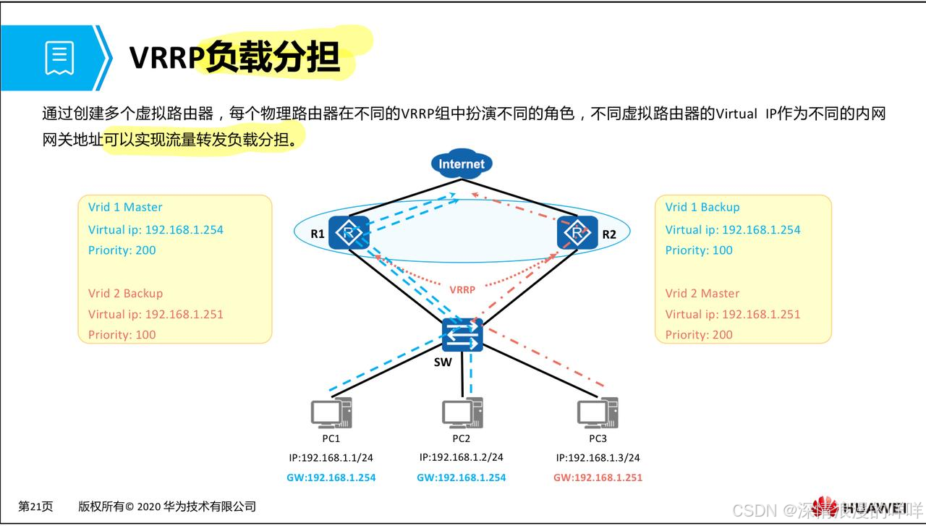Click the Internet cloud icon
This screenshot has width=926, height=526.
461,164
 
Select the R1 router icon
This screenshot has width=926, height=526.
349,233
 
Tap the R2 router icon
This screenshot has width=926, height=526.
577,233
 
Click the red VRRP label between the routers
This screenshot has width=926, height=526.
462,289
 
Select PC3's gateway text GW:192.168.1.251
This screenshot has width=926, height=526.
598,478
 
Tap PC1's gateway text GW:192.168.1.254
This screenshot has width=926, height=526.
331,478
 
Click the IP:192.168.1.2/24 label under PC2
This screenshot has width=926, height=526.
462,457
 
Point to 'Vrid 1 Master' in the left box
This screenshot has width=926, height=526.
125,208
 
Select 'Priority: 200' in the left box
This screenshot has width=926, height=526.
122,250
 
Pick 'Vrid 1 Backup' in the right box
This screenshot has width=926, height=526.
702,208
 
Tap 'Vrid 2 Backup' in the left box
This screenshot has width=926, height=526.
125,294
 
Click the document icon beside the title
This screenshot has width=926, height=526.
59,58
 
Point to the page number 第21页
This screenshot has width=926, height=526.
35,506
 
